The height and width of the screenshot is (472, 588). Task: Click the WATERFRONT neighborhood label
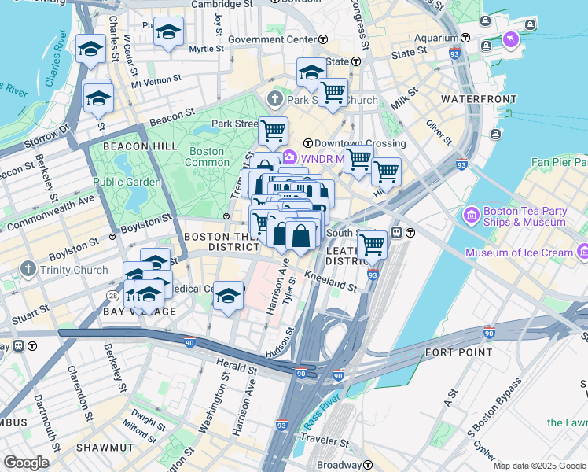(479, 99)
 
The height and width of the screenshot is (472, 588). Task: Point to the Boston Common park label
(207, 157)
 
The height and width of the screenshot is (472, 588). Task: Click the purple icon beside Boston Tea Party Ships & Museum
(472, 214)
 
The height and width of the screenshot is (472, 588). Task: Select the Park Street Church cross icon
(274, 100)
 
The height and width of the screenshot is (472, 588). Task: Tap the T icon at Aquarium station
(466, 38)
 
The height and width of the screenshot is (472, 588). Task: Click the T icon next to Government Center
(323, 39)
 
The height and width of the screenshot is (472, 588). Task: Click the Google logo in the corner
(26, 463)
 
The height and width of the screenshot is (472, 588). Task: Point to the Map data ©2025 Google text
(538, 466)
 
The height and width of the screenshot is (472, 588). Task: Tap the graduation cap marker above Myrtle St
(167, 33)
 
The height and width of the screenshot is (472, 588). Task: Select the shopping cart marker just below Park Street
(273, 131)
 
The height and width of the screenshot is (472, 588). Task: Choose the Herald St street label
(237, 367)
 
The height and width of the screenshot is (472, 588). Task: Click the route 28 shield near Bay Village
(113, 294)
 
